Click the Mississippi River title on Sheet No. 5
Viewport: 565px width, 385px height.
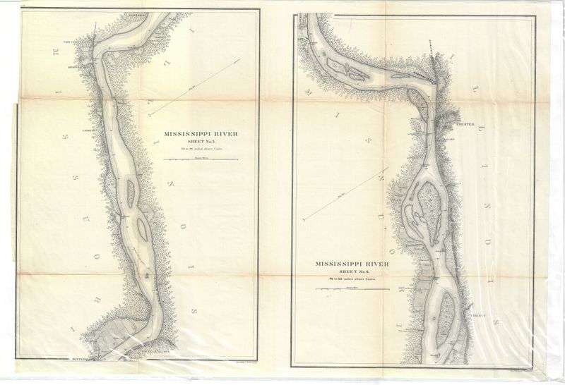click(x=198, y=132)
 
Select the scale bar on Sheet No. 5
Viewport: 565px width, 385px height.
click(x=198, y=160)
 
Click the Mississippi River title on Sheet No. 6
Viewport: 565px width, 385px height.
click(x=352, y=264)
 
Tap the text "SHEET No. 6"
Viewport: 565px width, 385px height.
click(x=352, y=272)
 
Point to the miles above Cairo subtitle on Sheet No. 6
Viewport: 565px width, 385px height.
click(x=352, y=280)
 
